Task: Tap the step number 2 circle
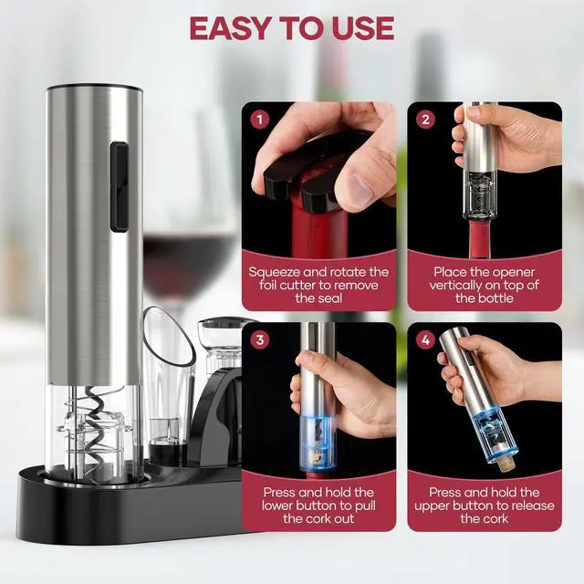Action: pos(423,118)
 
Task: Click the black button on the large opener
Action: pos(118,186)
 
